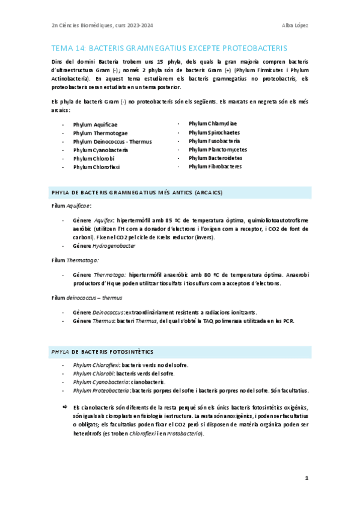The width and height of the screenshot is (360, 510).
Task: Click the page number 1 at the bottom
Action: [307, 478]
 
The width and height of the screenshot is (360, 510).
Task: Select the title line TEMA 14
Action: [169, 48]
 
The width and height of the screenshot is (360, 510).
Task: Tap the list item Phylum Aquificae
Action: [95, 124]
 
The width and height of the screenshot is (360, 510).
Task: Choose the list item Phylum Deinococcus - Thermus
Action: [112, 141]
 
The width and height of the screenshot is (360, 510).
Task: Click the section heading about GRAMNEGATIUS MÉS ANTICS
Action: [138, 192]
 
